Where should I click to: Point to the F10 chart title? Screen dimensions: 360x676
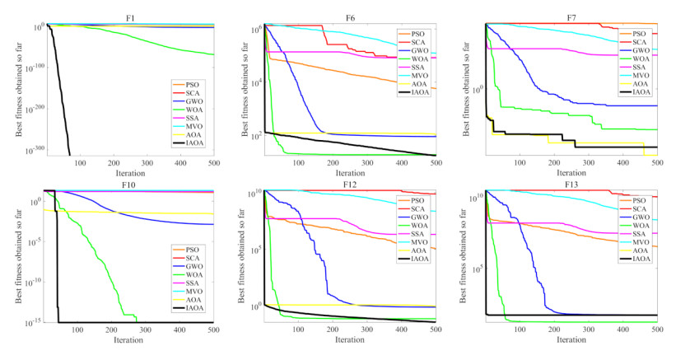[131, 182]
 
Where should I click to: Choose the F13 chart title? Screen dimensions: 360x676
[571, 182]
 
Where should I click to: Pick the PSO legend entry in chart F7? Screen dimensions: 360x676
[638, 32]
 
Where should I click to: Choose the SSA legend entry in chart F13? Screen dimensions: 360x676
[638, 234]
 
